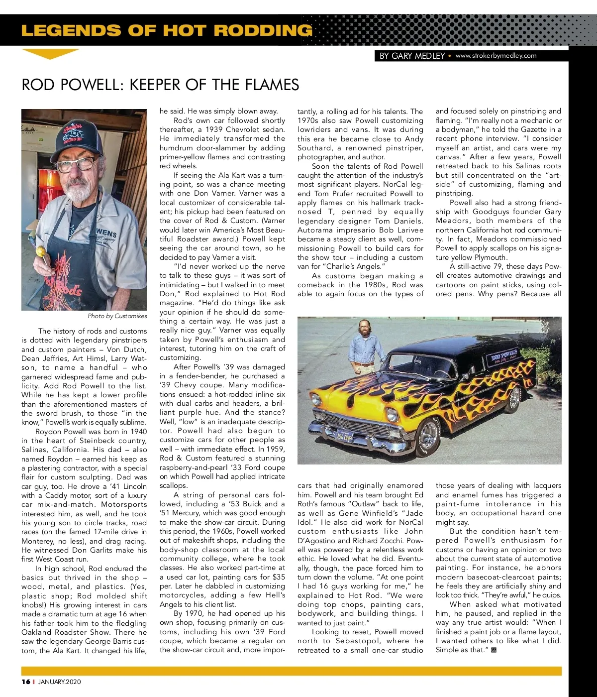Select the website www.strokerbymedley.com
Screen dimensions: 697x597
pyautogui.click(x=496, y=56)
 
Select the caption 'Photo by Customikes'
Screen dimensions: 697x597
pyautogui.click(x=117, y=316)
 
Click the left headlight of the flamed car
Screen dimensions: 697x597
pyautogui.click(x=316, y=399)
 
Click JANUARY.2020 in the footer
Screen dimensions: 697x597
pyautogui.click(x=59, y=682)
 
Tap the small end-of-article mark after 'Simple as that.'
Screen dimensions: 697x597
pyautogui.click(x=494, y=650)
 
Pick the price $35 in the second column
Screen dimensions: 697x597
pyautogui.click(x=279, y=577)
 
